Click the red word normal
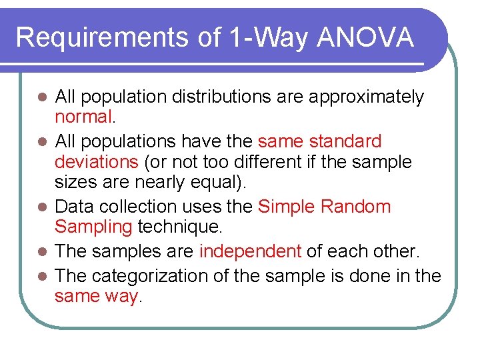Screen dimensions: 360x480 [84, 117]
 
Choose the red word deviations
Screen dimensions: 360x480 [95, 162]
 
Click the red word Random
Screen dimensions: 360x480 [357, 206]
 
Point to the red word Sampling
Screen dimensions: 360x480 [93, 227]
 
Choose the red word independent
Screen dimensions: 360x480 [250, 251]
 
